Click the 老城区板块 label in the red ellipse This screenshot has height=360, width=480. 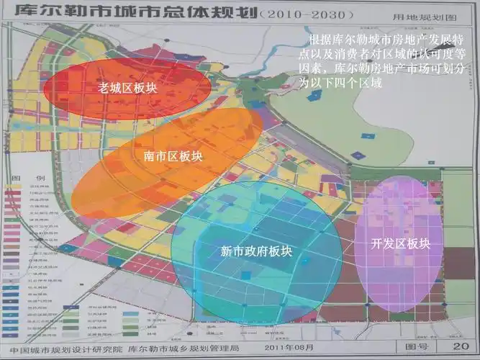pos(127,87)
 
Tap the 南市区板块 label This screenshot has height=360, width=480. pos(173,156)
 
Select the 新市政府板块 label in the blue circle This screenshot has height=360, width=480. pos(255,251)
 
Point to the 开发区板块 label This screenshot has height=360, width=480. pos(400,243)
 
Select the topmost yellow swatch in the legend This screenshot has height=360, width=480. pos(13,186)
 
